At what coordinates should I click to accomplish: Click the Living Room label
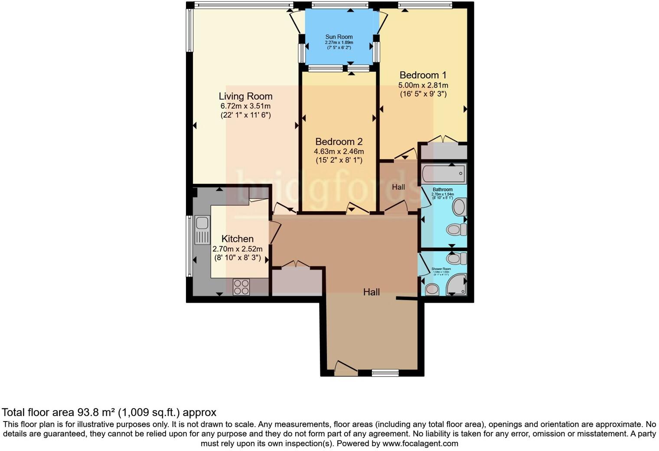click(x=245, y=96)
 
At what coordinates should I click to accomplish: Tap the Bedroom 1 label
click(x=423, y=75)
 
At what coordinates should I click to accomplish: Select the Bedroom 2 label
click(x=339, y=142)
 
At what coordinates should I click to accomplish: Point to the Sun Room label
click(x=339, y=37)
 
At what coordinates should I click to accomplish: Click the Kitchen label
click(x=237, y=239)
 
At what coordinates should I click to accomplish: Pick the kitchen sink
click(x=202, y=230)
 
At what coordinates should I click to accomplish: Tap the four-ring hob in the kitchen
click(x=241, y=287)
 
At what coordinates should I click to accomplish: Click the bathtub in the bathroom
click(x=444, y=174)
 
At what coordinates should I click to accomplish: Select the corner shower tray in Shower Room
click(x=458, y=284)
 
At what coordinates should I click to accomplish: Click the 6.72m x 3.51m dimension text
click(x=245, y=106)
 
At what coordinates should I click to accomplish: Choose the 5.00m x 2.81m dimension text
click(x=423, y=85)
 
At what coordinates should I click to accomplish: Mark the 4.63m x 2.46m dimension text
click(x=339, y=152)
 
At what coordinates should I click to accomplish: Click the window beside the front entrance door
click(x=385, y=372)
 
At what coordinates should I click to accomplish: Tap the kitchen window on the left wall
click(x=189, y=246)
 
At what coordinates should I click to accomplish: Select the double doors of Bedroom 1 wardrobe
click(x=442, y=140)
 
